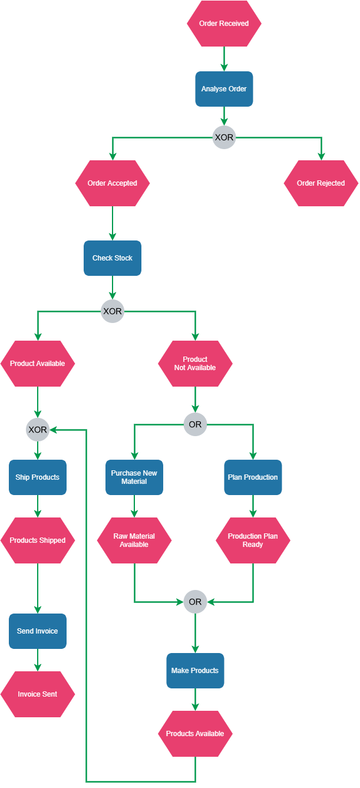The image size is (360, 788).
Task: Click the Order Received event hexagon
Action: click(x=224, y=24)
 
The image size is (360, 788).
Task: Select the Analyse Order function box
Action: click(x=224, y=89)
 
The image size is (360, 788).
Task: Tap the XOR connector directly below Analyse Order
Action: click(x=224, y=138)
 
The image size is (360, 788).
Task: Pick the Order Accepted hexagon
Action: click(x=113, y=183)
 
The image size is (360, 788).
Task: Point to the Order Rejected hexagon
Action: click(x=321, y=183)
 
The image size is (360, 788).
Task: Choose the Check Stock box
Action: click(x=113, y=258)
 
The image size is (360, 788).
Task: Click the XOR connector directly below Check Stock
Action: click(x=113, y=311)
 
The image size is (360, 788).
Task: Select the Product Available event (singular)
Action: click(x=38, y=364)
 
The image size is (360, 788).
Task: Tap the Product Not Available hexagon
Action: click(x=195, y=364)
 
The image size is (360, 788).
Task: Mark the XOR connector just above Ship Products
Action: click(x=38, y=430)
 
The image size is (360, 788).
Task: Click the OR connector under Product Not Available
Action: click(x=195, y=424)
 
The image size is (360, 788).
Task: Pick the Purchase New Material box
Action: click(x=134, y=477)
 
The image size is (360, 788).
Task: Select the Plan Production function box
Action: click(x=253, y=477)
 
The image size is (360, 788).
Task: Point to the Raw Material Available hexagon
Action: click(x=134, y=540)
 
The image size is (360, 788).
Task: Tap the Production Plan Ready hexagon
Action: click(x=253, y=540)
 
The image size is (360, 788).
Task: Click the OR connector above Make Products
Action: click(x=195, y=602)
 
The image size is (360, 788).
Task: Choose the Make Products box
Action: click(x=195, y=671)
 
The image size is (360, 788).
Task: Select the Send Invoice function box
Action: click(x=38, y=631)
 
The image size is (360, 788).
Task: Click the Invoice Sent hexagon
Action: click(x=38, y=694)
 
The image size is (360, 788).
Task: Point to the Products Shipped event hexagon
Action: click(x=38, y=540)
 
